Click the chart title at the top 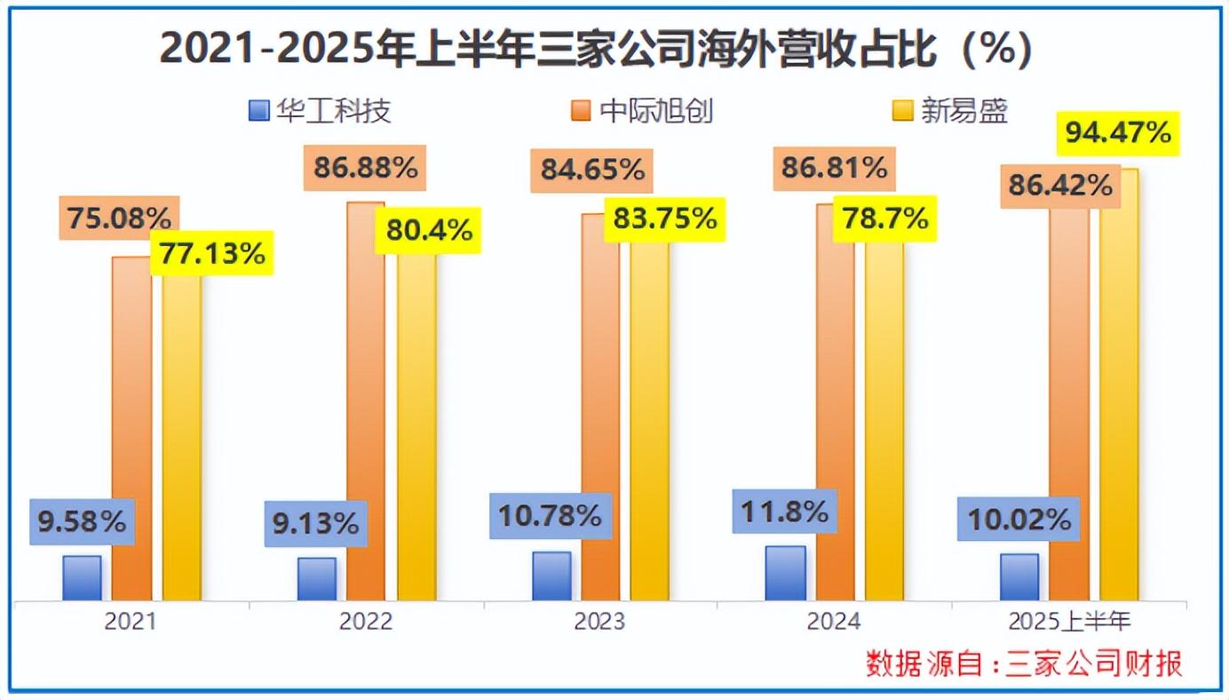(596, 51)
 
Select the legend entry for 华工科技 (321, 111)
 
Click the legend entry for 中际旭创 (642, 111)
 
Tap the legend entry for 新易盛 (950, 111)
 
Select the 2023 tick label (599, 621)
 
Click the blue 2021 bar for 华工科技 (82, 578)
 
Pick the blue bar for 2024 (786, 573)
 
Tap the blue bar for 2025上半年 (1019, 577)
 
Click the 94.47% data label (1117, 133)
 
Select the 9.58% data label (83, 521)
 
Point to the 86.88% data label (366, 167)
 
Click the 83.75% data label (664, 219)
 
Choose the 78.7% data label (884, 219)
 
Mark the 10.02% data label (1019, 519)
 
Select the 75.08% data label (119, 219)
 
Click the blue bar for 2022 (317, 578)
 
